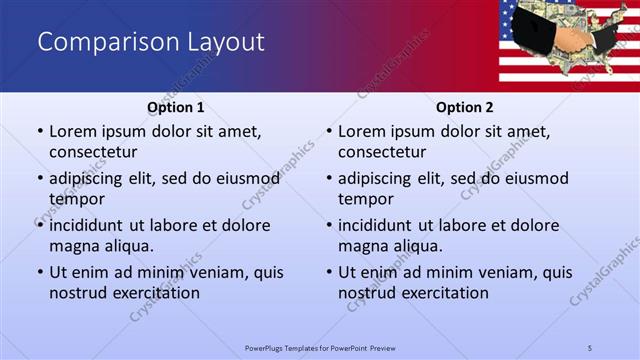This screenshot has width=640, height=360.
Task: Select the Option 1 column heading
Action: pos(176,107)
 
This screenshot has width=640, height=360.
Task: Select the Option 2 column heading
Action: pos(465,107)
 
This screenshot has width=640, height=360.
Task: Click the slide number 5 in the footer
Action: pos(590,347)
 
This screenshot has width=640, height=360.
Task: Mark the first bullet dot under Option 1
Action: pos(39,132)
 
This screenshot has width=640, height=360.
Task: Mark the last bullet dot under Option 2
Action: pos(328,273)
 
